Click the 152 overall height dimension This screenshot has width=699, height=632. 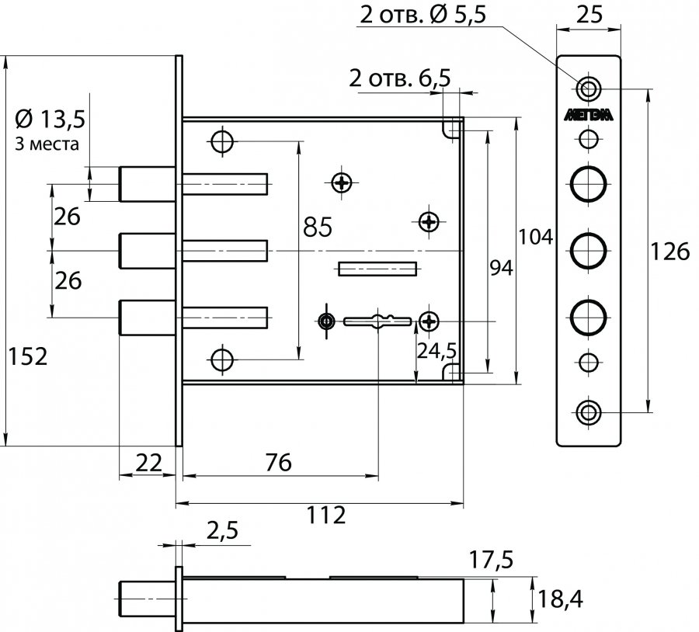(27, 357)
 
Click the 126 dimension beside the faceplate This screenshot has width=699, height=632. (671, 252)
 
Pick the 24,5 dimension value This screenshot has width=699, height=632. (436, 351)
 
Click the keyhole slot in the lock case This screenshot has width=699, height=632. (378, 320)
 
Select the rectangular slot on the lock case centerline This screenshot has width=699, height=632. (377, 269)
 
